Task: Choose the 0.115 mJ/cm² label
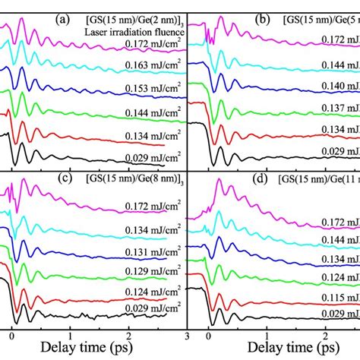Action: coord(335,298)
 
